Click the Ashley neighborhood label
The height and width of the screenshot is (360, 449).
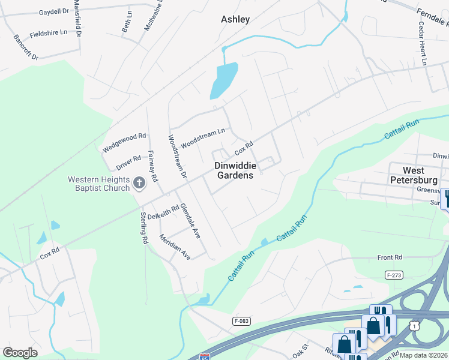coord(235,19)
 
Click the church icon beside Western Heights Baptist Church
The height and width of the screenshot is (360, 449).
coord(139,183)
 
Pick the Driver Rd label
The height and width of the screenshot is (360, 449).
coord(128,163)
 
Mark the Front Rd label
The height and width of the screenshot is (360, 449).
coord(390,257)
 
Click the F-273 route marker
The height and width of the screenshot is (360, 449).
coord(393,274)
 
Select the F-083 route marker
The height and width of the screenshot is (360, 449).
coord(241,321)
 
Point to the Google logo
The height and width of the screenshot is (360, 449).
coord(20,352)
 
